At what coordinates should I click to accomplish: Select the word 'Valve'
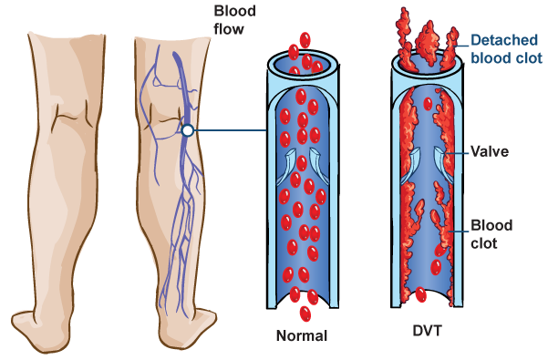(491, 153)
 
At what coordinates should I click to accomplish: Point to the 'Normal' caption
(302, 335)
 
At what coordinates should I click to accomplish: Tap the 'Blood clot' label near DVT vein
(491, 232)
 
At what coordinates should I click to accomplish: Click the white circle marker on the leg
(187, 131)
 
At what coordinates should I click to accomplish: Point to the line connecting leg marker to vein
(228, 131)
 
